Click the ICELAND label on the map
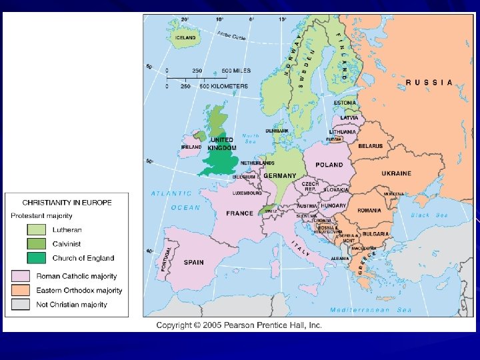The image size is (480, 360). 185,38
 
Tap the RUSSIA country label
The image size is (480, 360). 429,83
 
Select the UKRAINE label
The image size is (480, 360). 396,173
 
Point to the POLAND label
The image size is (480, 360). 329,165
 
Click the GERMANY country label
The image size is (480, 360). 279,175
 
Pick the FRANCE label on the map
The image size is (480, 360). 239,213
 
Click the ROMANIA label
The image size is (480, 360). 369,211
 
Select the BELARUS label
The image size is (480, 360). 370,145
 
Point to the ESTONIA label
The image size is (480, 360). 345,103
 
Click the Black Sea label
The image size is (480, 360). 429,215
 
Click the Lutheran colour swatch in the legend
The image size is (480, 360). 36,229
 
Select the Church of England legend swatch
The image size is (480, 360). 36,258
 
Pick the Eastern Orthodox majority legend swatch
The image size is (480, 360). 19,291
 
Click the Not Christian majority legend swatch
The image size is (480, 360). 19,305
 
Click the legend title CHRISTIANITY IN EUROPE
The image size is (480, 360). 67,202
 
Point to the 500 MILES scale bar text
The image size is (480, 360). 236,71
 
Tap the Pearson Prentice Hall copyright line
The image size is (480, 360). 239,325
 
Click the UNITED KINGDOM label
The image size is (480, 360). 221,144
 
